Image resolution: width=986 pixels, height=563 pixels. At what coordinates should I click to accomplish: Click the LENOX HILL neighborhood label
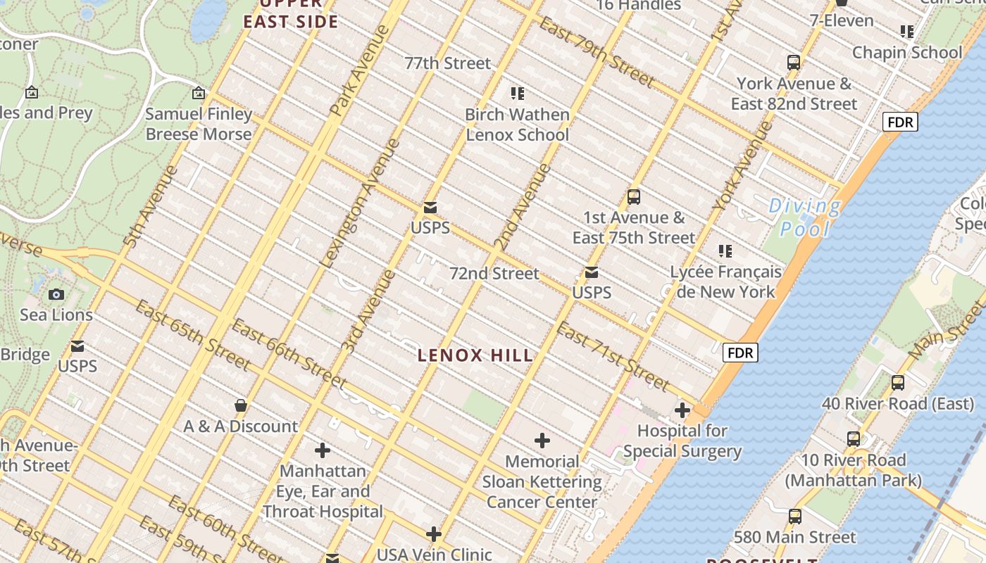click(475, 355)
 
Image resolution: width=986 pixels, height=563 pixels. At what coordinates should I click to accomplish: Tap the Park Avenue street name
click(358, 71)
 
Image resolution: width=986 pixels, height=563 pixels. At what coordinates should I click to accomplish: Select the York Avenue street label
click(742, 166)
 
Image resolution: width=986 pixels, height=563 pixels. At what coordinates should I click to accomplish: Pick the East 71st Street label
click(612, 357)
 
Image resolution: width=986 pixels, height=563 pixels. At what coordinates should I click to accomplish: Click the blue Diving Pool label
click(804, 217)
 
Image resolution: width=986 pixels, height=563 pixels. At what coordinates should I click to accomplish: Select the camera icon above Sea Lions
click(56, 294)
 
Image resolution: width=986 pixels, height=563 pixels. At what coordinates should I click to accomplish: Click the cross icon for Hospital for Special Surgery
click(682, 410)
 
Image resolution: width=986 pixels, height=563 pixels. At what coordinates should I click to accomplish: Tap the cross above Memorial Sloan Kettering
click(542, 441)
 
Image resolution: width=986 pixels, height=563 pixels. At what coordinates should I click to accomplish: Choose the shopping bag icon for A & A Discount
click(240, 405)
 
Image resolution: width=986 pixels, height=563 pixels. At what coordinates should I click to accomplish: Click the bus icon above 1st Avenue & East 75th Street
click(633, 197)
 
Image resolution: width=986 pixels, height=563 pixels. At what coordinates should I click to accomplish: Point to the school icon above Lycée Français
click(725, 251)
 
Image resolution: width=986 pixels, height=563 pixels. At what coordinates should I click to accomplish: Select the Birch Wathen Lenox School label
click(517, 125)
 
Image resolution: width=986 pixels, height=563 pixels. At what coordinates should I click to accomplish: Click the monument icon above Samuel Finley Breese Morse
click(199, 93)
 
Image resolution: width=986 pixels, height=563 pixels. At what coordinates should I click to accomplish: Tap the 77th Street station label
click(447, 63)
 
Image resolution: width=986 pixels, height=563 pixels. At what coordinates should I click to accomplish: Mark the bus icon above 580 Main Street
click(794, 517)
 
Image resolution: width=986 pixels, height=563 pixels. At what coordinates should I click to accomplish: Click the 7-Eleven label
click(841, 20)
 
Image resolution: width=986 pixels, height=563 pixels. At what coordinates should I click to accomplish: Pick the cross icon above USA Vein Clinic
click(433, 534)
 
